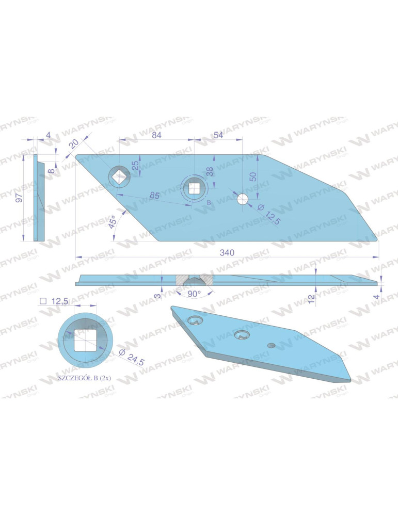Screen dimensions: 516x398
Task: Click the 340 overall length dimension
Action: (228, 252)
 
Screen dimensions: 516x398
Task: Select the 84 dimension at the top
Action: (156, 135)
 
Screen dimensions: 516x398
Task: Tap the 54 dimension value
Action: (218, 135)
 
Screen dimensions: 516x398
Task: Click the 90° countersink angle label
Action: (194, 294)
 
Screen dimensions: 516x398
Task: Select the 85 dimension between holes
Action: (154, 196)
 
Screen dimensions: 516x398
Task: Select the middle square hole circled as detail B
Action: (194, 187)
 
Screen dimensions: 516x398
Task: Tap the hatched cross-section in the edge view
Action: (194, 280)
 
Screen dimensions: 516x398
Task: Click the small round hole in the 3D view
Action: (271, 345)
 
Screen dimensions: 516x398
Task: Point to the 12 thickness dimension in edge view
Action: (312, 299)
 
